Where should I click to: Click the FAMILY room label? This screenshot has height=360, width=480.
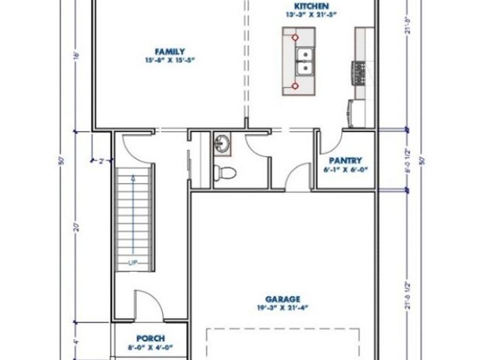pyautogui.click(x=162, y=51)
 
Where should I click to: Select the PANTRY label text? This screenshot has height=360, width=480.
pyautogui.click(x=345, y=161)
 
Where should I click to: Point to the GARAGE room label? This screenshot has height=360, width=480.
pyautogui.click(x=283, y=299)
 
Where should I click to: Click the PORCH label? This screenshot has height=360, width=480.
pyautogui.click(x=150, y=338)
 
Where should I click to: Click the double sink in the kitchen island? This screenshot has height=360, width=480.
pyautogui.click(x=305, y=61)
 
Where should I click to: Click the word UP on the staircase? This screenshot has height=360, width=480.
pyautogui.click(x=133, y=262)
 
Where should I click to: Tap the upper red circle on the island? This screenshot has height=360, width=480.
pyautogui.click(x=295, y=37)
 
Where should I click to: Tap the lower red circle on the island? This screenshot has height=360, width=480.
pyautogui.click(x=295, y=85)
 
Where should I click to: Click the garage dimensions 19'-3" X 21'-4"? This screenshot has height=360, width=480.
pyautogui.click(x=283, y=308)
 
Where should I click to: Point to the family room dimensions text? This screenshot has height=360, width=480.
pyautogui.click(x=162, y=60)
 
